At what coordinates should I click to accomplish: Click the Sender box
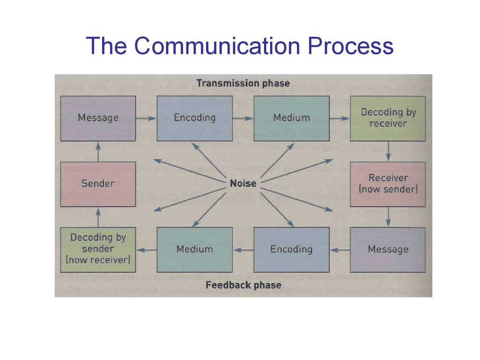(x=98, y=184)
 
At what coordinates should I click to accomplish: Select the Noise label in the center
(x=243, y=183)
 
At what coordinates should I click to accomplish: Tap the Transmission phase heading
(x=243, y=83)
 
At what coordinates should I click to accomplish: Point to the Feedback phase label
(x=243, y=285)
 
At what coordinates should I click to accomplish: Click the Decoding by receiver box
(x=388, y=119)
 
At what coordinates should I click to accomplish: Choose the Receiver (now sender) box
(x=388, y=184)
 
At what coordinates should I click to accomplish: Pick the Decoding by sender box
(x=98, y=249)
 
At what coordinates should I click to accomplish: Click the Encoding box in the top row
(x=195, y=119)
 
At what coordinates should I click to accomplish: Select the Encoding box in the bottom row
(x=292, y=249)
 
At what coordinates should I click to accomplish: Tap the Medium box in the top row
(x=292, y=119)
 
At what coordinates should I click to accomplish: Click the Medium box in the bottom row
(x=195, y=249)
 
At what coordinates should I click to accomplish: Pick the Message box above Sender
(x=98, y=119)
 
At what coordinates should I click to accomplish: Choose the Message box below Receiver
(x=388, y=249)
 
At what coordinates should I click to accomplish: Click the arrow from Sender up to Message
(x=98, y=151)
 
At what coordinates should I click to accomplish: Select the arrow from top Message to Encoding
(x=146, y=118)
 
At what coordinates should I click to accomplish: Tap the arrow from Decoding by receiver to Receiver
(x=388, y=151)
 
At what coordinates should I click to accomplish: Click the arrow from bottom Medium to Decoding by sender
(x=147, y=250)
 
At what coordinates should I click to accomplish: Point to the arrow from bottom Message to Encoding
(x=340, y=250)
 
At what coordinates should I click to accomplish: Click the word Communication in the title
(x=217, y=45)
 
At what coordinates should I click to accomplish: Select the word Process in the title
(x=351, y=45)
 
